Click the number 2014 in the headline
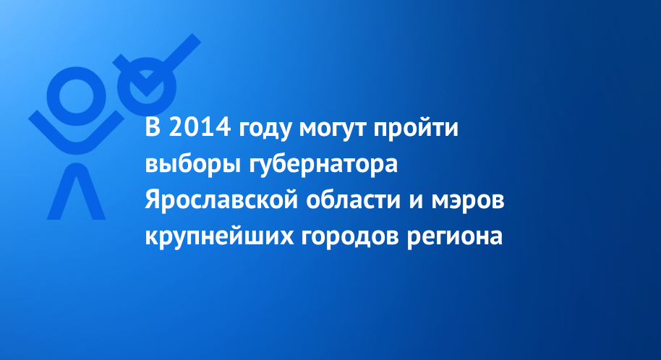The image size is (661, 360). pos(200,127)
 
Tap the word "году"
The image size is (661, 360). pos(265,130)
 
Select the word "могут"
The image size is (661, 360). pos(332,130)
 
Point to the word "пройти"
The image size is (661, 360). pos(416,128)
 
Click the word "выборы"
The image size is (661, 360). pos(192,165)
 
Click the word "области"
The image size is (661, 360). pos(353,199)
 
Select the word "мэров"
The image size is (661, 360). pos(467,202)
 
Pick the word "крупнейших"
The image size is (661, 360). pos(219,236)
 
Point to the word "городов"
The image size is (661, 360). pos(350,237)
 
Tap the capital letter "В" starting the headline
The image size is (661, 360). pos(153,128)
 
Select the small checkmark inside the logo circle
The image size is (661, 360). pos(146,85)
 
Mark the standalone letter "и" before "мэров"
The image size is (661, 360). pos(416,201)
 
